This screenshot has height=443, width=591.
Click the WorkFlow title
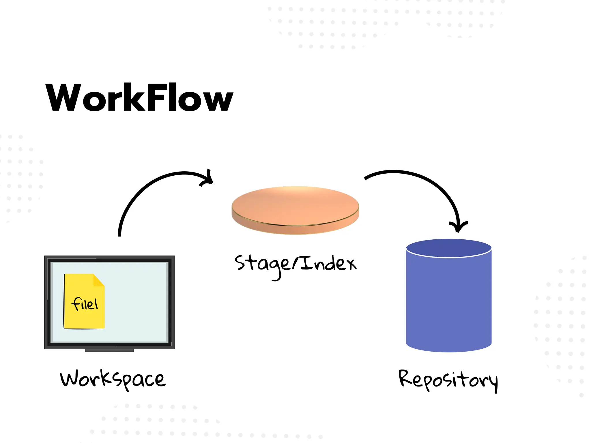point(139,97)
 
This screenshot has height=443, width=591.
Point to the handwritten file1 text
point(85,304)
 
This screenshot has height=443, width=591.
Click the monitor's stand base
point(109,350)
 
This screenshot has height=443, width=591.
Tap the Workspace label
point(113,379)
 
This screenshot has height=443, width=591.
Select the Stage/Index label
point(295,264)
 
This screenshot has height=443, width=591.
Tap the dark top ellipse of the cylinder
point(449,248)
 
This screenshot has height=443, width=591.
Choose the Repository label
point(448,380)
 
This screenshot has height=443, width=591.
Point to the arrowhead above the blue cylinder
point(458,227)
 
